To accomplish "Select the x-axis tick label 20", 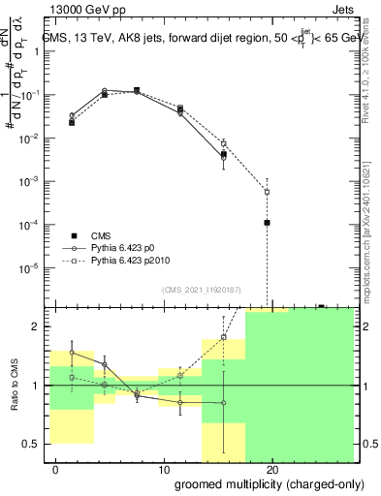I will click(x=272, y=469).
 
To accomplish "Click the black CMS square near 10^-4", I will click(x=267, y=223).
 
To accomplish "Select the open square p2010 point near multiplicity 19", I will click(x=267, y=192).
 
